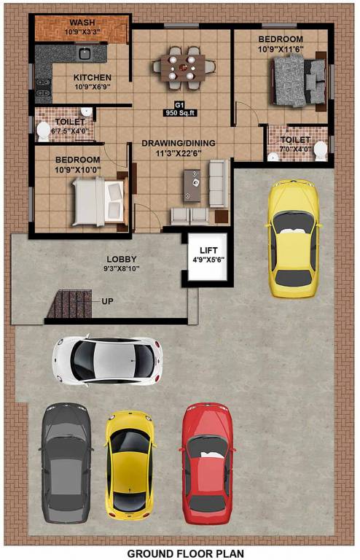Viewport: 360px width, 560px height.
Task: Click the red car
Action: click(207, 464)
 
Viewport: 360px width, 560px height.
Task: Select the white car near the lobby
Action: click(107, 360)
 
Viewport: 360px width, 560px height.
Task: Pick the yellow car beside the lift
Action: click(293, 238)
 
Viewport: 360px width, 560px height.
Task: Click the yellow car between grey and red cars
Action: click(130, 465)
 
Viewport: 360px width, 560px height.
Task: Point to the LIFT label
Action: click(208, 250)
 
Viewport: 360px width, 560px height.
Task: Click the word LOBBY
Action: click(121, 260)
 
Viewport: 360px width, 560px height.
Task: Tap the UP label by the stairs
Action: click(107, 301)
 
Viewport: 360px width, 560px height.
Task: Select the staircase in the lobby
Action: click(69, 304)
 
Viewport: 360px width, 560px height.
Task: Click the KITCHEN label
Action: click(93, 77)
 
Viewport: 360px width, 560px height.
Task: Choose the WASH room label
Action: click(82, 23)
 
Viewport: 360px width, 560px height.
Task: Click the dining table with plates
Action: click(183, 68)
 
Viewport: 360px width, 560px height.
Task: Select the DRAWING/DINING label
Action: click(179, 143)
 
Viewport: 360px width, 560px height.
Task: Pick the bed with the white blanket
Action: click(98, 202)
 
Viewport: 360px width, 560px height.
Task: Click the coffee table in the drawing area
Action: click(192, 186)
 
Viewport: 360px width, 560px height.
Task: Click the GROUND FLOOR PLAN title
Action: click(186, 553)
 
